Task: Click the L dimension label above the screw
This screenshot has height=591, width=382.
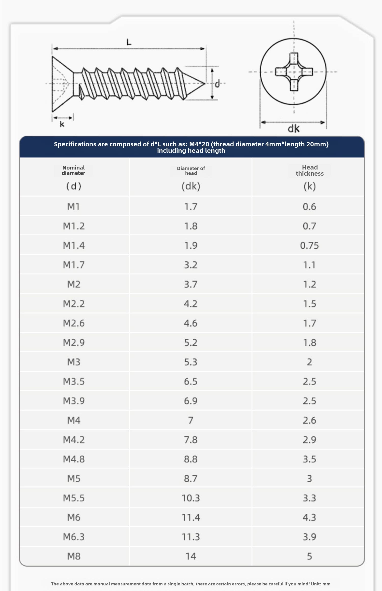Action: click(129, 42)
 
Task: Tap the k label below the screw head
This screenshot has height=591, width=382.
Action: click(62, 124)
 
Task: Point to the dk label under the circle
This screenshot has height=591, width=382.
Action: click(293, 129)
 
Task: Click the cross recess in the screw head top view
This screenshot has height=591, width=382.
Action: click(294, 72)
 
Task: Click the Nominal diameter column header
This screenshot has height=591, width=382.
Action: click(73, 170)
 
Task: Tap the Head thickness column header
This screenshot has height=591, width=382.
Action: click(310, 170)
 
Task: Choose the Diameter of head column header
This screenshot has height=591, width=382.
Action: click(191, 171)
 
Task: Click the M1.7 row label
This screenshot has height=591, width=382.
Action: click(74, 265)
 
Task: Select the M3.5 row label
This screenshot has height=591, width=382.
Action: click(74, 381)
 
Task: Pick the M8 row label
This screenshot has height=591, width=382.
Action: click(74, 556)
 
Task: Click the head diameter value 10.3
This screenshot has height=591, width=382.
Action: click(191, 498)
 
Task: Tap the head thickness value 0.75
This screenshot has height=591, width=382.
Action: click(309, 245)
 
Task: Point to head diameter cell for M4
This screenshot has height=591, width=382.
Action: click(191, 420)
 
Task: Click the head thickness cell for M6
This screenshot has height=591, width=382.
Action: click(309, 517)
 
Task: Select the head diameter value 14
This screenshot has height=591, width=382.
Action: click(191, 556)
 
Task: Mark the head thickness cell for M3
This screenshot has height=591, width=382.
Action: click(309, 362)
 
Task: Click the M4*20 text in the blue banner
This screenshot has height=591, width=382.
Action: click(199, 144)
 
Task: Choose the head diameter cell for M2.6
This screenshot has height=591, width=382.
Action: click(191, 323)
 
